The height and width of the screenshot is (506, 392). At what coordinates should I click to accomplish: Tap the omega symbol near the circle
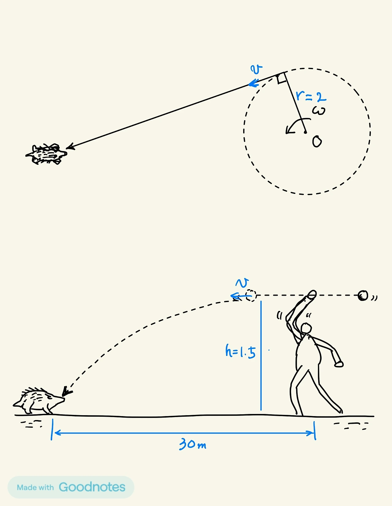(x=318, y=111)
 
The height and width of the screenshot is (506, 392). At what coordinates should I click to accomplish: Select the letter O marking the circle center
(x=317, y=142)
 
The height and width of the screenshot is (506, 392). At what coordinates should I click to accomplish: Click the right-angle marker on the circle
(x=281, y=79)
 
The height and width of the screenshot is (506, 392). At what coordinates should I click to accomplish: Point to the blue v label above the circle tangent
(x=256, y=70)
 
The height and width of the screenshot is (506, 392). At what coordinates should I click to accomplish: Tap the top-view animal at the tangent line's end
(x=47, y=154)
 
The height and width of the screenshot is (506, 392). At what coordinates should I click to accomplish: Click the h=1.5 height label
(x=240, y=352)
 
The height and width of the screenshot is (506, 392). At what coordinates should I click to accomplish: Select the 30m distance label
(x=193, y=444)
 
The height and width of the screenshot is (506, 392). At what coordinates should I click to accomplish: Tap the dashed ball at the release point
(x=251, y=295)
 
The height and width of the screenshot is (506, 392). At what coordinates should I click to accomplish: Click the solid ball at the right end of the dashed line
(x=363, y=296)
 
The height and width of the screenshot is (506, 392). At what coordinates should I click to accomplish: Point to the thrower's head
(x=306, y=328)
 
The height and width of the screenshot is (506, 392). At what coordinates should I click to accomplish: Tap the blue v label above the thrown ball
(x=242, y=283)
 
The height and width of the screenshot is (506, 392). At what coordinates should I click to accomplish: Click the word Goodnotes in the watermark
(x=92, y=487)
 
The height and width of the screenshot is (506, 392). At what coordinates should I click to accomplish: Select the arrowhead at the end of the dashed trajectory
(x=66, y=392)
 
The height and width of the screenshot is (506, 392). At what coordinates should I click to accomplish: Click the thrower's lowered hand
(x=338, y=364)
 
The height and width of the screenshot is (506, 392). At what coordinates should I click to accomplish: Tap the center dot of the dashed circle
(x=305, y=132)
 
